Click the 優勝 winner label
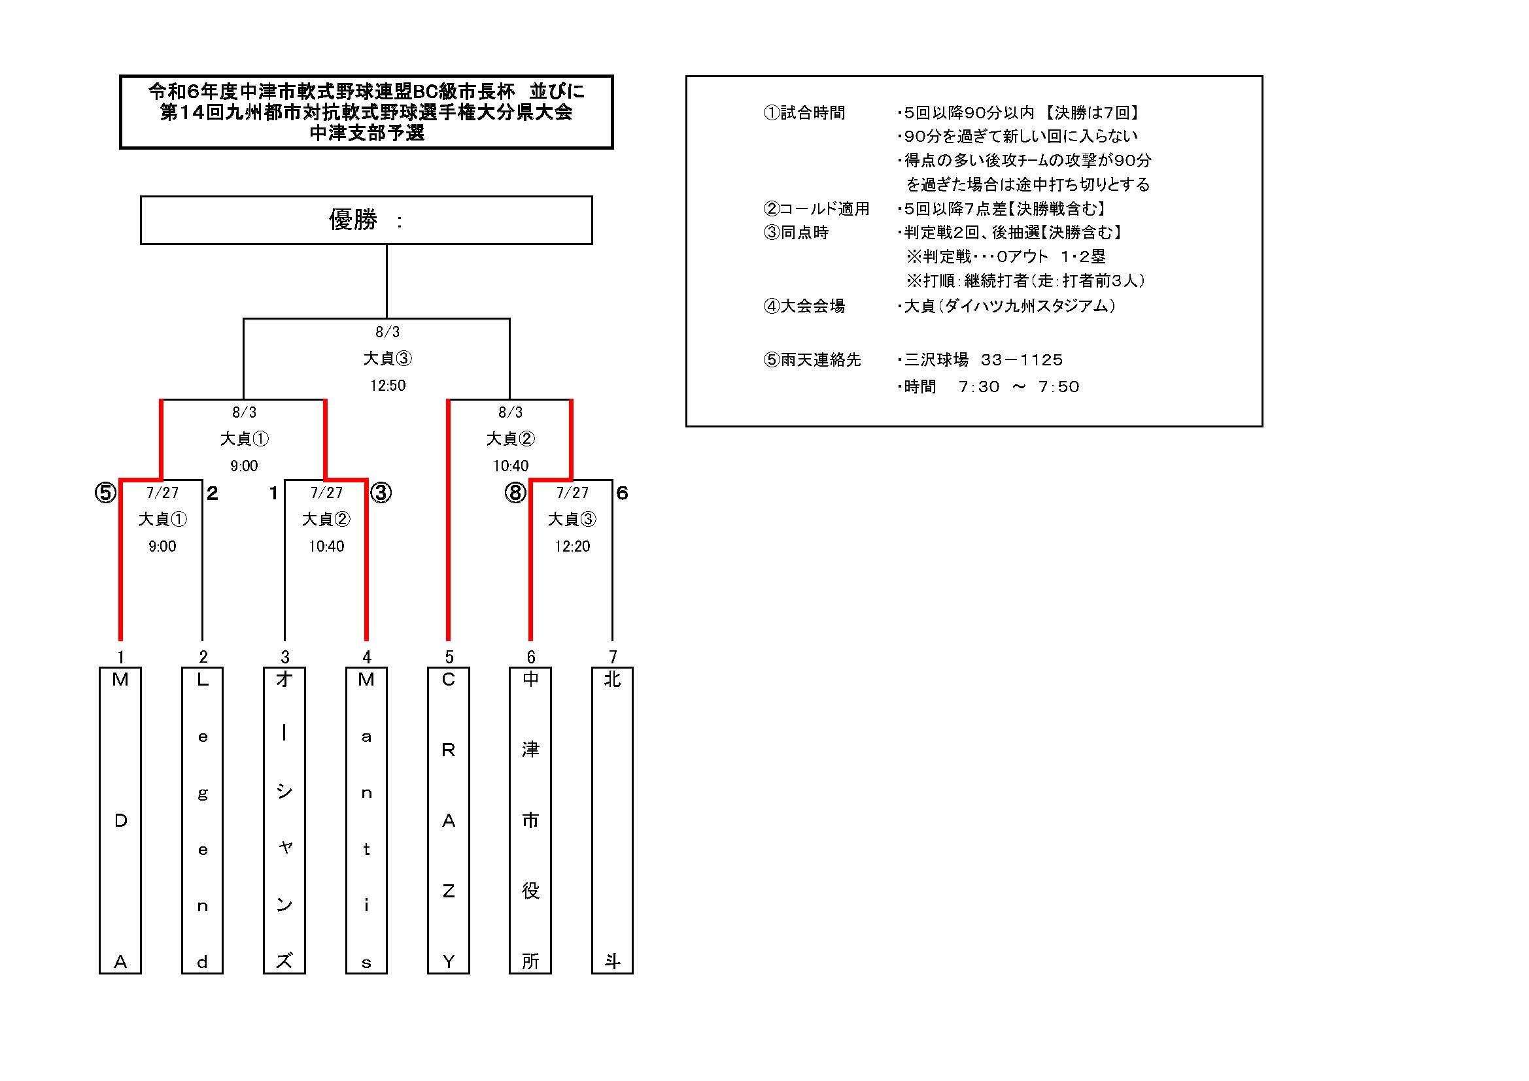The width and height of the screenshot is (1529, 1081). pos(353,220)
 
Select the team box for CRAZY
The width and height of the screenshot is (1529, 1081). pos(448,820)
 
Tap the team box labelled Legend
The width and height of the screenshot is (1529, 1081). pos(203,820)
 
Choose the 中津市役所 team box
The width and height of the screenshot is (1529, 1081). pos(530,820)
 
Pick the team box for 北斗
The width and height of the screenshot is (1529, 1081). pos(612,820)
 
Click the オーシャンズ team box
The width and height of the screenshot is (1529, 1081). pos(284,820)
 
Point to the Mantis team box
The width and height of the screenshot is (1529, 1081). pos(366,820)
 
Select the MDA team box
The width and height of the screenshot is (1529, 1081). pos(120,820)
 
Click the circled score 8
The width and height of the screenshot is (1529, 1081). pos(515,493)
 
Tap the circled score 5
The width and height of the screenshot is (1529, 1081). pos(105,493)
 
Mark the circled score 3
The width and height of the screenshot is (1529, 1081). pos(381,493)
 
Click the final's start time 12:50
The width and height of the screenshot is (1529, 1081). pos(388,386)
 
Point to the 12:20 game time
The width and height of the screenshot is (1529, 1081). pos(572,546)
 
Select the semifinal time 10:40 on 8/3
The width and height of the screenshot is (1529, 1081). pos(511,466)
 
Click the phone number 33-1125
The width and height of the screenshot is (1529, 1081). pos(1022,360)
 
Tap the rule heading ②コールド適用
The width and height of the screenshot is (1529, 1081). pos(816,209)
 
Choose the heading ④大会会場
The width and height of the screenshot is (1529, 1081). pos(804,306)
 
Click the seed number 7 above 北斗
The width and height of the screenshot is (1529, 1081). pos(613,657)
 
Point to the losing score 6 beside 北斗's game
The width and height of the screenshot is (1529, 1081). pos(622,493)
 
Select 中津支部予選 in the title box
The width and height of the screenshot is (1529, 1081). pos(367,133)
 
